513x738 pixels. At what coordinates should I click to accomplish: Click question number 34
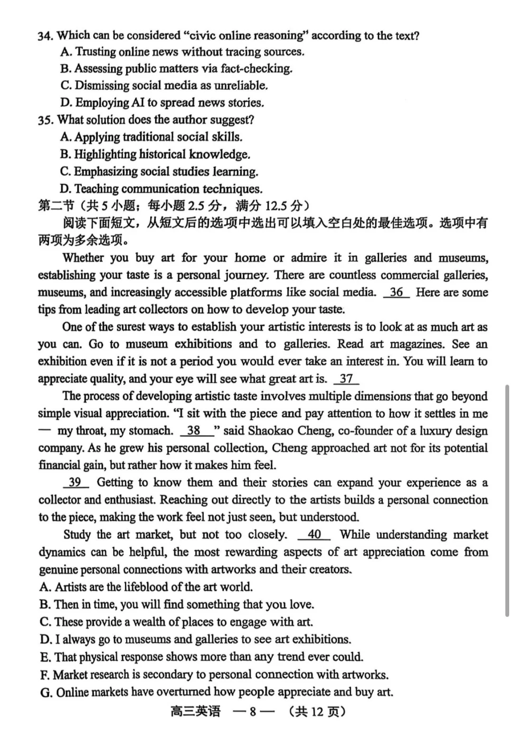[x=45, y=36]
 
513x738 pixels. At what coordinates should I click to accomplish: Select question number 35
[x=45, y=120]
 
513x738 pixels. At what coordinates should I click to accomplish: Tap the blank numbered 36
[x=396, y=292]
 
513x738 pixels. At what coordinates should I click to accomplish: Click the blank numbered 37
[x=346, y=379]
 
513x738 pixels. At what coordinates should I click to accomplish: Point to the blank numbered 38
[x=194, y=431]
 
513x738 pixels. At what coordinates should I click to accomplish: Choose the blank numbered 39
[x=76, y=483]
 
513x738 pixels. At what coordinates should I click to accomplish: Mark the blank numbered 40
[x=314, y=535]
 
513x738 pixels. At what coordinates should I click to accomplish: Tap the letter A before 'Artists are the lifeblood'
[x=45, y=587]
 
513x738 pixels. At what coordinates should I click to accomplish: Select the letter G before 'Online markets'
[x=46, y=692]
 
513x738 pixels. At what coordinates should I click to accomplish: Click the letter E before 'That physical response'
[x=45, y=657]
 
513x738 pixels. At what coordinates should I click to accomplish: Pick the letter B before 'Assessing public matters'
[x=66, y=69]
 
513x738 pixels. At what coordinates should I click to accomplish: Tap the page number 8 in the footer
[x=253, y=712]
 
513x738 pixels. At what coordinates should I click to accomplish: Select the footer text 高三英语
[x=195, y=712]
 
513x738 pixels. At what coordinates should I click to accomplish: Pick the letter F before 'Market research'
[x=45, y=675]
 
